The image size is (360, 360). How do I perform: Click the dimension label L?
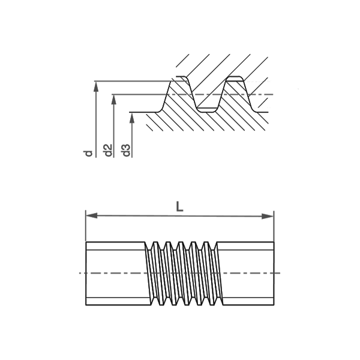pyautogui.click(x=179, y=206)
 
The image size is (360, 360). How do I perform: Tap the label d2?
pyautogui.click(x=108, y=151)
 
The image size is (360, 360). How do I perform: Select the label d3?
pyautogui.click(x=127, y=151)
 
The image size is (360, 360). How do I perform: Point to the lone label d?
pyautogui.click(x=89, y=154)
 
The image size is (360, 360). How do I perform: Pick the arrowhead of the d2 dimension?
pyautogui.click(x=113, y=100)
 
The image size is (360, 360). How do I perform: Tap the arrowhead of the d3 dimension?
pyautogui.click(x=132, y=118)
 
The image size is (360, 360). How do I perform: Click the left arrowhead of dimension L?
pyautogui.click(x=92, y=216)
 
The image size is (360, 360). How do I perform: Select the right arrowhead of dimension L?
pyautogui.click(x=268, y=216)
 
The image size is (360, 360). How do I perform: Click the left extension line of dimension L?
pyautogui.click(x=86, y=226)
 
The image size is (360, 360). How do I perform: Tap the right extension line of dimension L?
pyautogui.click(x=274, y=226)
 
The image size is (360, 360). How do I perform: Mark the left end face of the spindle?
pyautogui.click(x=86, y=274)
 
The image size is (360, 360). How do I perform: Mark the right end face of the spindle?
pyautogui.click(x=274, y=274)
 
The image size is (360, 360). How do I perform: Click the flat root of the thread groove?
pyautogui.click(x=206, y=107)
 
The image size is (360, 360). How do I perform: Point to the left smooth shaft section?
pyautogui.click(x=116, y=274)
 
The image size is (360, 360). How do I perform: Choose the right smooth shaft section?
pyautogui.click(x=247, y=274)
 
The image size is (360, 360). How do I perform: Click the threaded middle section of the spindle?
pyautogui.click(x=184, y=274)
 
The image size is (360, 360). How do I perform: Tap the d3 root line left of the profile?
pyautogui.click(x=143, y=112)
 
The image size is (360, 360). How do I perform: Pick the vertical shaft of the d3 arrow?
pyautogui.click(x=132, y=135)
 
